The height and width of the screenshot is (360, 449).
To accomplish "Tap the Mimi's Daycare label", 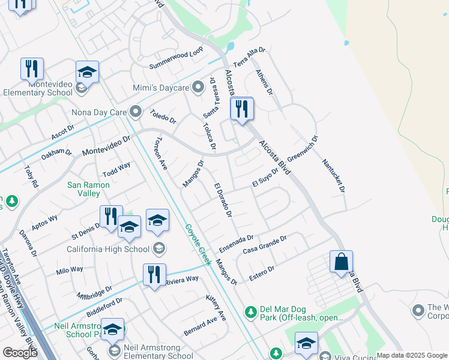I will pos(161,88).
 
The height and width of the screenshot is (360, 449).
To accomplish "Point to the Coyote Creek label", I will pos(197,244).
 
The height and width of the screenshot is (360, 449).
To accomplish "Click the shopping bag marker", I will pos(341,262).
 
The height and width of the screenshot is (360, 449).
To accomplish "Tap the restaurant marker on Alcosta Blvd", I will pos(242,110).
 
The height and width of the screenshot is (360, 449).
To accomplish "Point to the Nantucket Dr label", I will pos(334,175).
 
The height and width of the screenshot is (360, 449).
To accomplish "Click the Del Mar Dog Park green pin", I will pos(250,311).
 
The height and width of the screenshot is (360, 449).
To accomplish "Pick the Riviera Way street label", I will pos(181,280).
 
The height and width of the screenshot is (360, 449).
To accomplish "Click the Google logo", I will pos(20,352).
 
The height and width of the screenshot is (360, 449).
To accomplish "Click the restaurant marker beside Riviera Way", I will pos(154,276).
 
